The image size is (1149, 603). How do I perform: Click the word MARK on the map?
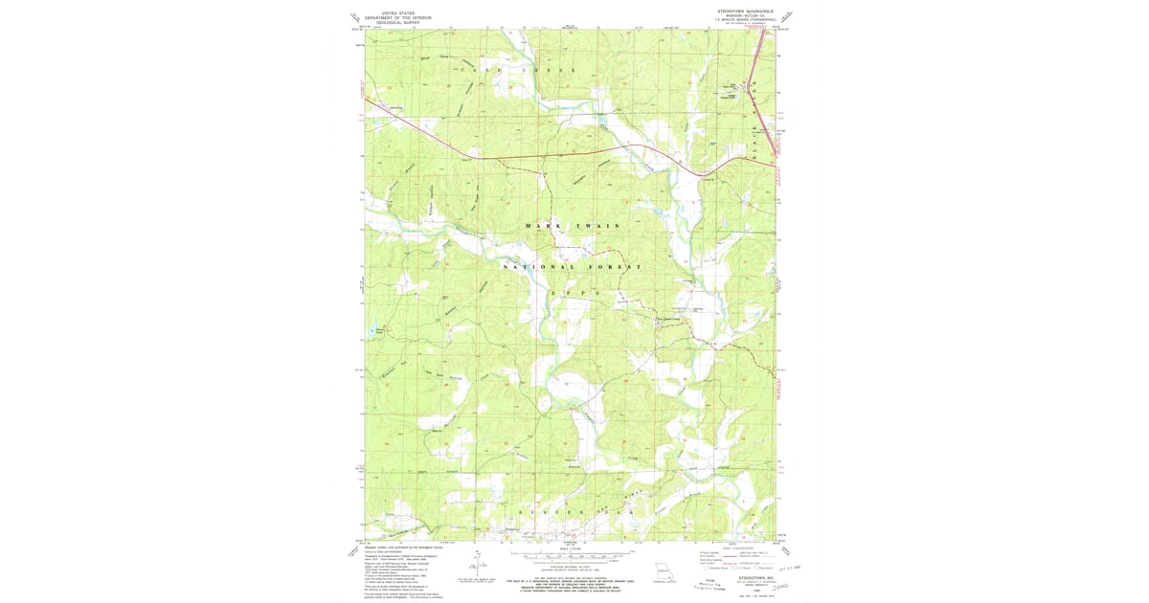(539, 225)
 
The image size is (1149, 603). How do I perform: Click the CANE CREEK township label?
(519, 71)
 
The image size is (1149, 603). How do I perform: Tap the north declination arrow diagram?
(476, 565)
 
